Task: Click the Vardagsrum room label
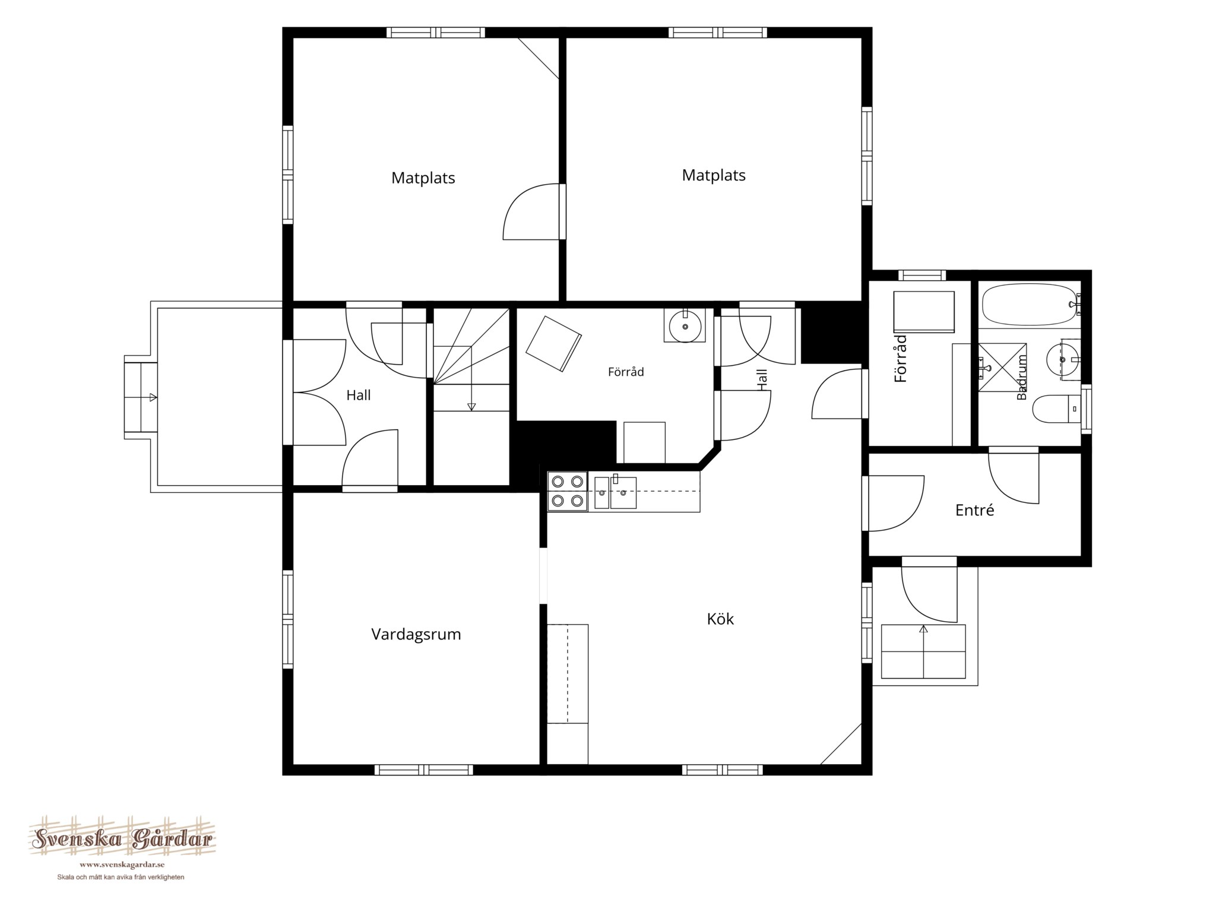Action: (416, 634)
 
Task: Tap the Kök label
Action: (720, 619)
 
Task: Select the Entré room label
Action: (974, 510)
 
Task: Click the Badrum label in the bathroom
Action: (1022, 378)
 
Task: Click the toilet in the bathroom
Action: (1056, 409)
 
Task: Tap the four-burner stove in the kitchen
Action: (567, 491)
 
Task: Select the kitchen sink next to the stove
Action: (615, 492)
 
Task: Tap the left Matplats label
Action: (423, 178)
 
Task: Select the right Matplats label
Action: (713, 175)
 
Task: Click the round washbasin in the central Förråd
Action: (685, 326)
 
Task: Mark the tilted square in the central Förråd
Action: (553, 344)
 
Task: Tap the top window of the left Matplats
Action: (436, 33)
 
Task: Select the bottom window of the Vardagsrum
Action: (423, 770)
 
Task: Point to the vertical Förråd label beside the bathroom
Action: (901, 359)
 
